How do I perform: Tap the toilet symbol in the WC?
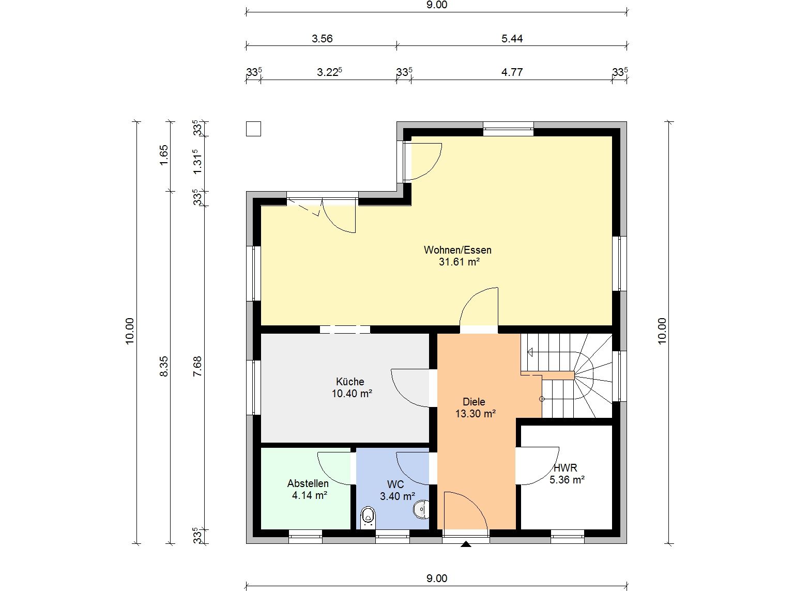tap(369, 518)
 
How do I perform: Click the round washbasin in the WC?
tap(421, 509)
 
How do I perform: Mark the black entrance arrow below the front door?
tap(466, 544)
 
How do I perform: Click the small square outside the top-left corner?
tap(253, 129)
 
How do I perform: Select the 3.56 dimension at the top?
tap(322, 39)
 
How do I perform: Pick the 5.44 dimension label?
tap(512, 39)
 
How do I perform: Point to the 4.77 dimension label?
tap(512, 72)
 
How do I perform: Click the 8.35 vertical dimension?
tap(164, 366)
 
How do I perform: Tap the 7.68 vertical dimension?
tap(197, 366)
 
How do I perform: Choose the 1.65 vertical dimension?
tap(164, 155)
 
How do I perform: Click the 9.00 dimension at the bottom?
tap(437, 578)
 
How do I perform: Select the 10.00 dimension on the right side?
tap(662, 331)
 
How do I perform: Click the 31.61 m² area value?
tap(459, 261)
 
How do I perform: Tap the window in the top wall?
tap(508, 129)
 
